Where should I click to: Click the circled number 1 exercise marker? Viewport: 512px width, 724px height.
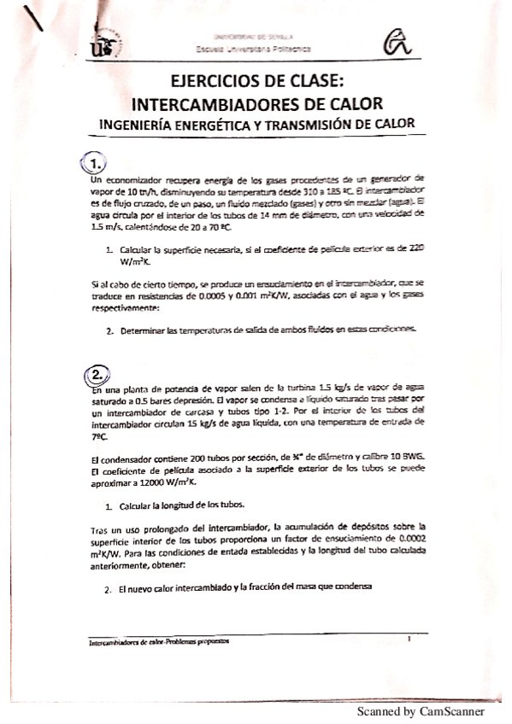pos(96,163)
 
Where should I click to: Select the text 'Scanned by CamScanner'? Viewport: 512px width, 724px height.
pos(421,710)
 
